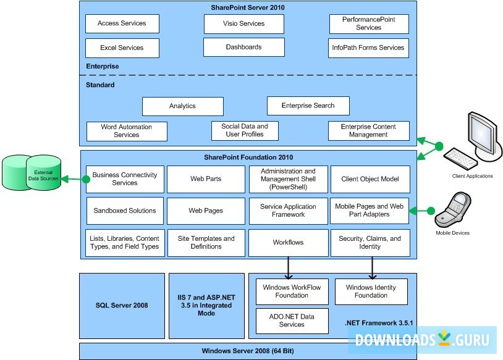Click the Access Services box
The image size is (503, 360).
click(122, 23)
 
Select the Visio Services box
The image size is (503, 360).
click(244, 23)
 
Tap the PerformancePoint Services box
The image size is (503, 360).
click(368, 23)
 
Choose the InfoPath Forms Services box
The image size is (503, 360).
click(368, 48)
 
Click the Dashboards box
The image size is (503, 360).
click(243, 47)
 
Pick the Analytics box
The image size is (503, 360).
click(182, 106)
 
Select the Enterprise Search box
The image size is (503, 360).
click(308, 106)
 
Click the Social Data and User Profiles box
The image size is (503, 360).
click(245, 130)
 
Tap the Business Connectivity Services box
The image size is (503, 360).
click(125, 179)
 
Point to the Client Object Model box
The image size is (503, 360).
click(370, 179)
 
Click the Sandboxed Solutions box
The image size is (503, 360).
click(125, 211)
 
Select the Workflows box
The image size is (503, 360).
click(288, 243)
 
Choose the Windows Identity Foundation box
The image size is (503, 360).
click(371, 291)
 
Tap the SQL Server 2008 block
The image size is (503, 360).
click(122, 306)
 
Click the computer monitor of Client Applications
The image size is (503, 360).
click(485, 135)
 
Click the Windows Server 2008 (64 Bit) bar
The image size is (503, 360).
click(248, 351)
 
